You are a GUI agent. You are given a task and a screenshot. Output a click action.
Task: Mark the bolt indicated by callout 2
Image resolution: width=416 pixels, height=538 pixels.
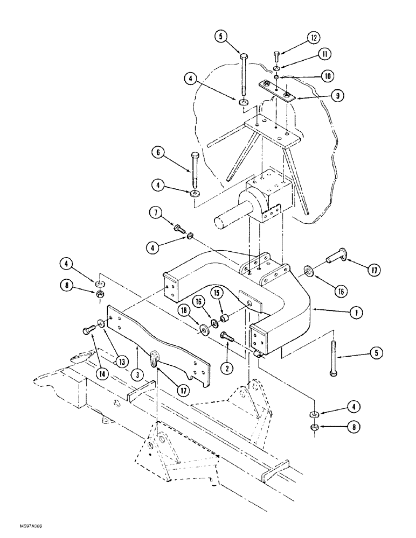226,337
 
